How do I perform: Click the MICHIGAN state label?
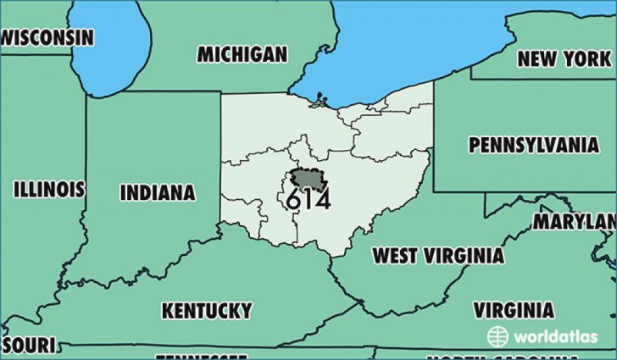click(x=242, y=55)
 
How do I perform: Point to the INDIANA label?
click(x=158, y=193)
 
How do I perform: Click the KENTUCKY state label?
click(x=207, y=309)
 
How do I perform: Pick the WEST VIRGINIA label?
click(x=439, y=255)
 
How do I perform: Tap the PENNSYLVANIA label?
click(x=534, y=145)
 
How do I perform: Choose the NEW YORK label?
click(x=564, y=58)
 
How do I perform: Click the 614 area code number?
click(x=308, y=201)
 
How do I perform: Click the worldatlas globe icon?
click(x=497, y=335)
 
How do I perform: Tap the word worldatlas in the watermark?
click(x=554, y=336)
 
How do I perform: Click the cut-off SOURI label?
click(x=27, y=344)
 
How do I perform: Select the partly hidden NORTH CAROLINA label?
click(x=483, y=357)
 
